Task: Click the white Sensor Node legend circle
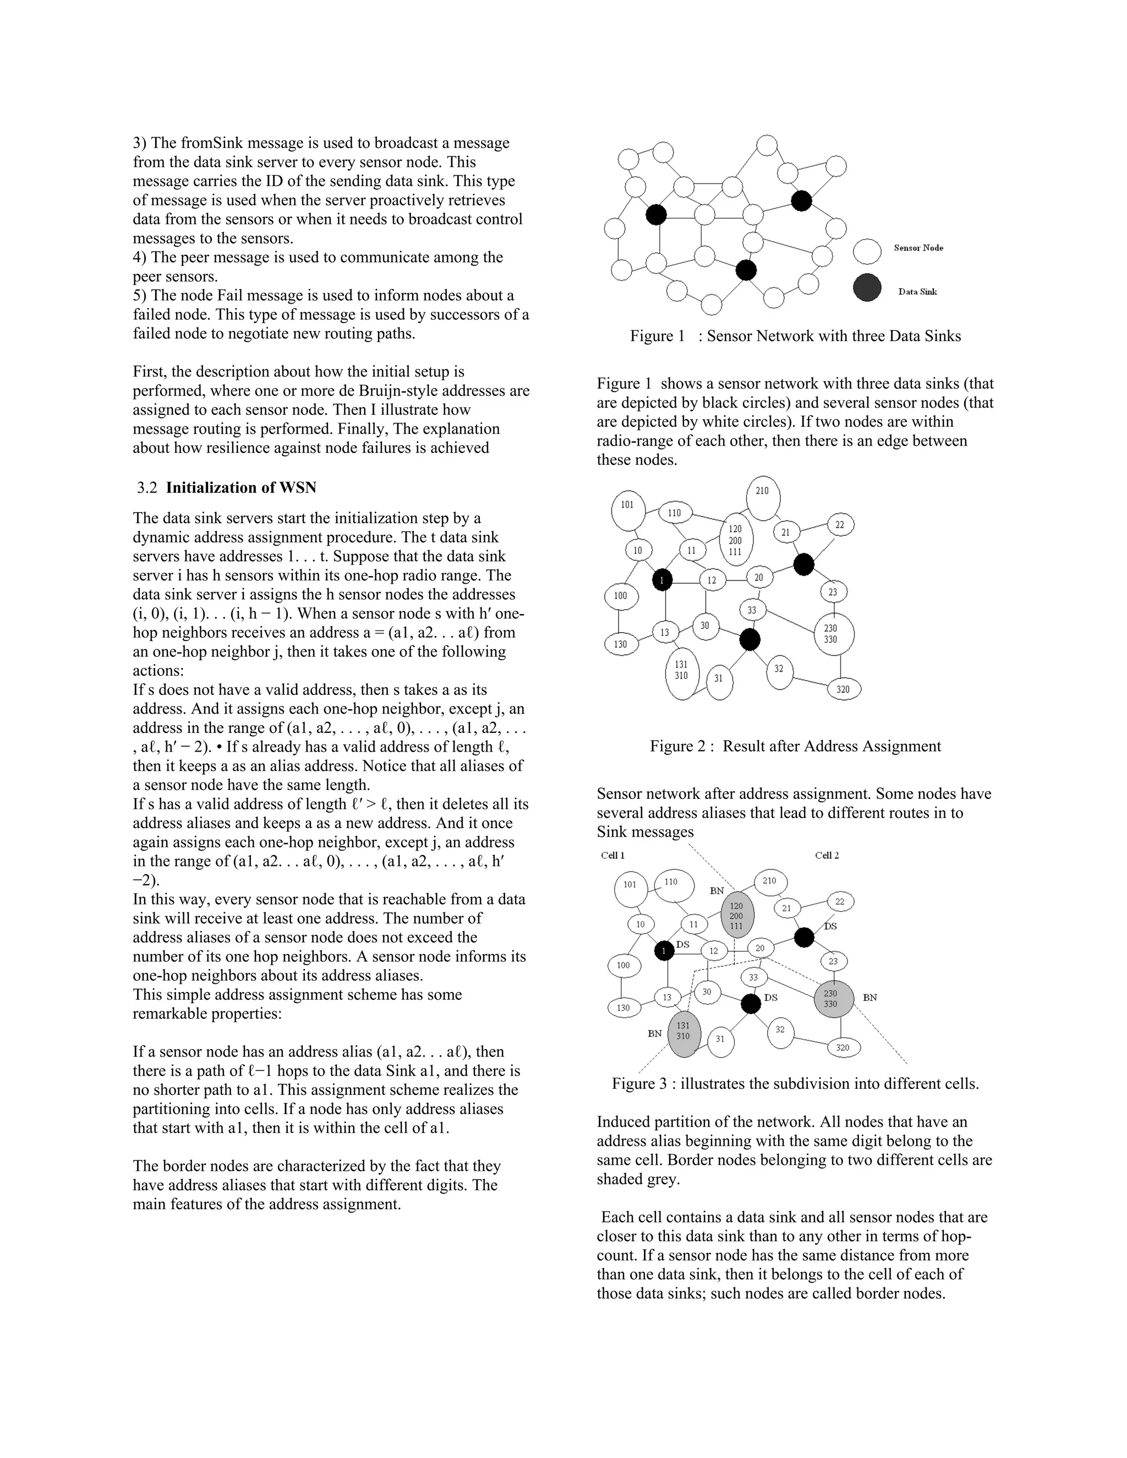pyautogui.click(x=867, y=251)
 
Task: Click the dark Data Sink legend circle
pyautogui.click(x=867, y=288)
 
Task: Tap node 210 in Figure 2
pyautogui.click(x=763, y=498)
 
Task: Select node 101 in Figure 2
pyautogui.click(x=627, y=511)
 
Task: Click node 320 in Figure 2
pyautogui.click(x=843, y=689)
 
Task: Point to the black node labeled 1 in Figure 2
pyautogui.click(x=661, y=579)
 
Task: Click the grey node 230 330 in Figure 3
pyautogui.click(x=833, y=999)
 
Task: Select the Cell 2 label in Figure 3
pyautogui.click(x=827, y=855)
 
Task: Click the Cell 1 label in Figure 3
pyautogui.click(x=613, y=855)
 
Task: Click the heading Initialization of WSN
pyautogui.click(x=241, y=487)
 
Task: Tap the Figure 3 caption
pyautogui.click(x=795, y=1083)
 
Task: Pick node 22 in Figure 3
pyautogui.click(x=840, y=901)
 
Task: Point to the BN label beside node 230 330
pyautogui.click(x=870, y=997)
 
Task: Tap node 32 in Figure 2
pyautogui.click(x=779, y=669)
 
